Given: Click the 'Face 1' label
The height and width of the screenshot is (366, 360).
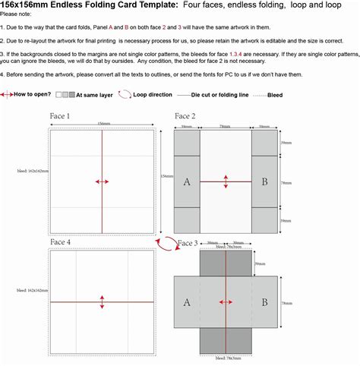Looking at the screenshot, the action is coord(61,117).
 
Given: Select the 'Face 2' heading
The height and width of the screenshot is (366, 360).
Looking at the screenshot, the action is coord(186,115).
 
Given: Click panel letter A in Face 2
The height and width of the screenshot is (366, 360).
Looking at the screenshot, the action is coord(187,181).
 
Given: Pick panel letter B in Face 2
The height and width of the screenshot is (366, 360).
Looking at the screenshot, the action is coord(264,181).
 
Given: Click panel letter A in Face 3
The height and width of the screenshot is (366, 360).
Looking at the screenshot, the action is coord(187,301).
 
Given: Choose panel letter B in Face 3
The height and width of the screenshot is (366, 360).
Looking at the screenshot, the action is coord(264,301).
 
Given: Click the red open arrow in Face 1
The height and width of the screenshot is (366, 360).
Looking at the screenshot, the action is coord(102,181).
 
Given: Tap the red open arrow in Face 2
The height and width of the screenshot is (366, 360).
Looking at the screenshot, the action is coord(226,181).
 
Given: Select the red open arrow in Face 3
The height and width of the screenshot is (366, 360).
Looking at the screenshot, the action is coord(226,302).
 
